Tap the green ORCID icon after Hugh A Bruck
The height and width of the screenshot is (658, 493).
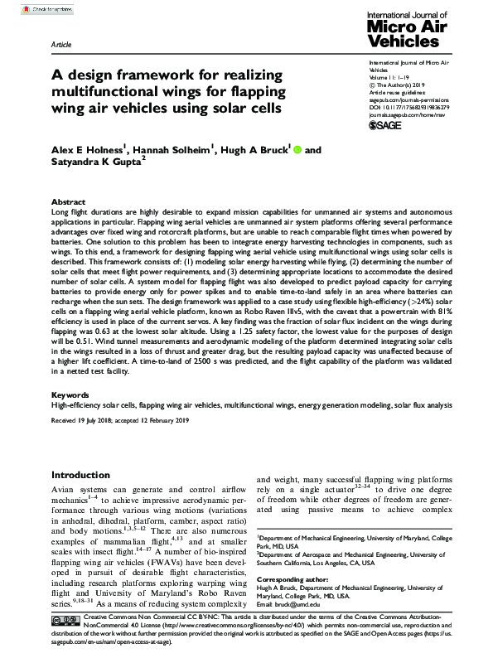tap(297, 151)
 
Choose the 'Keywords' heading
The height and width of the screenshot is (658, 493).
tap(70, 396)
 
